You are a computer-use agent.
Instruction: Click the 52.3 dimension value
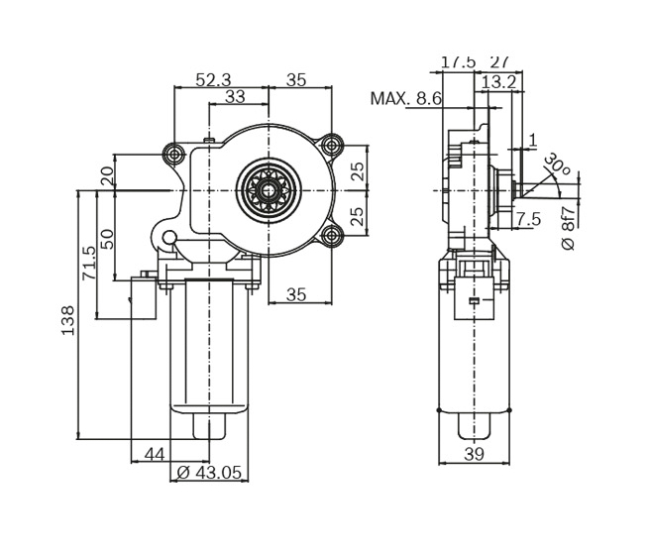(x=213, y=80)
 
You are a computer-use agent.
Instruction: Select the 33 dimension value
(x=235, y=97)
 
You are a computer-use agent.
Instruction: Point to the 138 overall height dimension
(x=68, y=319)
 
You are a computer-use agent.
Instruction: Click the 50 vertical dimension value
(x=107, y=239)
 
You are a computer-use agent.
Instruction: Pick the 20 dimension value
(x=107, y=176)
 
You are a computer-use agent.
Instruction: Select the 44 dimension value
(x=154, y=454)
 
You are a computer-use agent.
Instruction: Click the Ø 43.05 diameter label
(x=209, y=473)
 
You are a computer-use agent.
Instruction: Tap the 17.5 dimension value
(x=458, y=61)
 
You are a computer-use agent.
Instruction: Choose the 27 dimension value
(x=499, y=61)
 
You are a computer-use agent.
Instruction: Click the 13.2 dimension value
(x=498, y=82)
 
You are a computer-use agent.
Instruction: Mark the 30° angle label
(x=557, y=165)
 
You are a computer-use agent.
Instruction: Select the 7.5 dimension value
(x=528, y=219)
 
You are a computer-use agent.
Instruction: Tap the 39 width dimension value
(x=475, y=454)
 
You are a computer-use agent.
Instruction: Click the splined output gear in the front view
(x=269, y=188)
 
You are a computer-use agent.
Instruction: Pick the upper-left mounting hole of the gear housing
(x=175, y=154)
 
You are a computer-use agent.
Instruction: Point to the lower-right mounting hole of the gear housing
(x=332, y=235)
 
